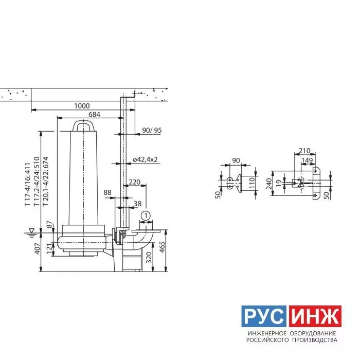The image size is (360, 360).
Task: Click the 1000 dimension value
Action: tap(82, 106)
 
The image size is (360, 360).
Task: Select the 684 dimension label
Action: tap(94, 114)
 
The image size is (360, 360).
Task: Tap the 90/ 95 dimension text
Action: tap(152, 130)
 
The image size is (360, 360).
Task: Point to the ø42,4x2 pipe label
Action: tap(145, 159)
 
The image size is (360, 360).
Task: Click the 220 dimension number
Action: tap(135, 182)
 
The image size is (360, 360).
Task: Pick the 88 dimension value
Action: tap(107, 192)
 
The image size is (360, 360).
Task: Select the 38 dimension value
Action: tap(137, 204)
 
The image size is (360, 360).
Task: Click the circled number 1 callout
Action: tap(146, 216)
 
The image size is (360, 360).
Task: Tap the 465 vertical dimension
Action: tap(162, 247)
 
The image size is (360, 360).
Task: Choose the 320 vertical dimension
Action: tap(149, 258)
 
